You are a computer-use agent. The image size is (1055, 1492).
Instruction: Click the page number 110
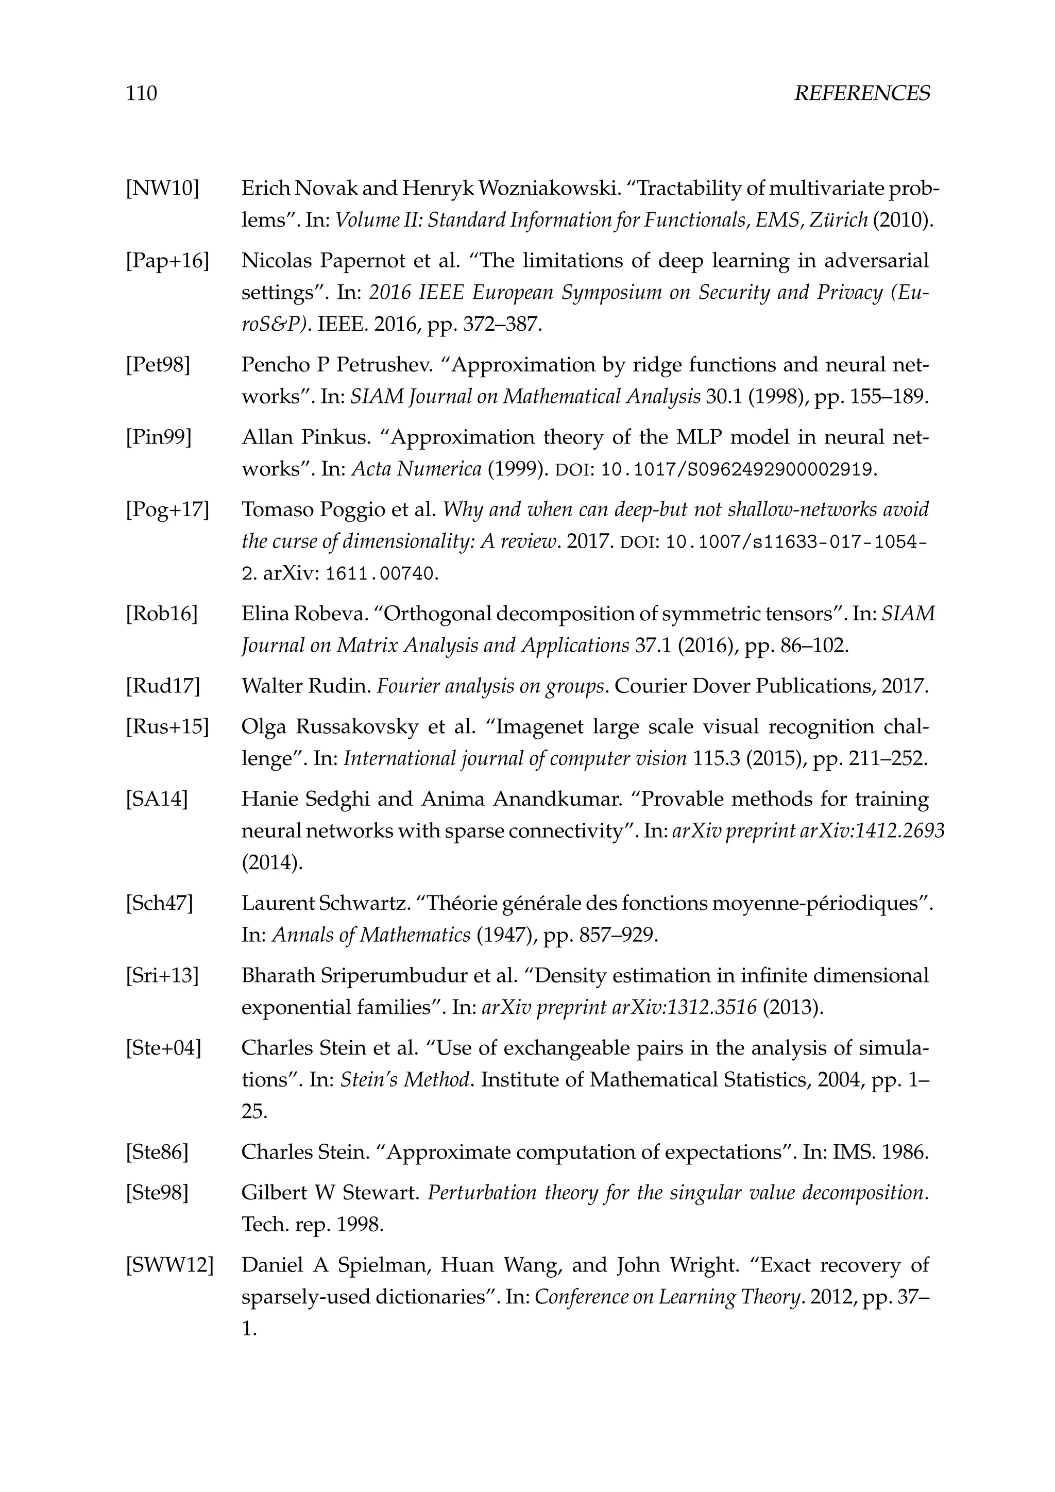pyautogui.click(x=141, y=94)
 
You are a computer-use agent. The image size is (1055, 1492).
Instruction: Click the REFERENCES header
pyautogui.click(x=861, y=94)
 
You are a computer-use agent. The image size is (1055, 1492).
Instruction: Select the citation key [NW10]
pyautogui.click(x=162, y=189)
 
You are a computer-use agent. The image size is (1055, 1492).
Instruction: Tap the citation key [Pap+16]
pyautogui.click(x=167, y=261)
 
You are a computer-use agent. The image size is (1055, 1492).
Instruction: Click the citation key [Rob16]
pyautogui.click(x=161, y=614)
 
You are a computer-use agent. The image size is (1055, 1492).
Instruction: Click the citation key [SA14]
pyautogui.click(x=156, y=799)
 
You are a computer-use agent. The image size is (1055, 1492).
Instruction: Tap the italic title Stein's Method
pyautogui.click(x=405, y=1080)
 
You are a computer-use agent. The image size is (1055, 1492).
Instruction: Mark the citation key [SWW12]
pyautogui.click(x=169, y=1265)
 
